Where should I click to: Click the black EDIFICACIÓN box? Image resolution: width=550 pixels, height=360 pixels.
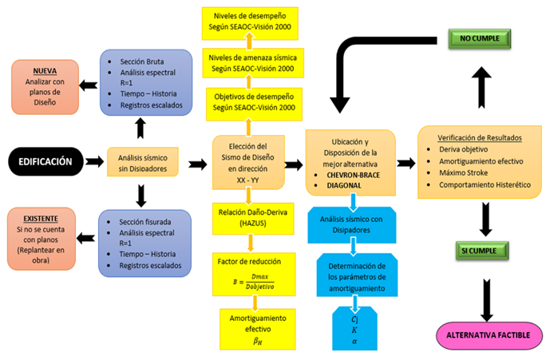pyautogui.click(x=46, y=161)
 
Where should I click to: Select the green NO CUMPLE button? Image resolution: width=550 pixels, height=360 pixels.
pyautogui.click(x=480, y=38)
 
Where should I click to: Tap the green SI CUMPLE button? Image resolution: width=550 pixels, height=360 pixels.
pyautogui.click(x=482, y=251)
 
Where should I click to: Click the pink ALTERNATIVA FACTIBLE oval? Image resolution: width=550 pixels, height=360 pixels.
pyautogui.click(x=489, y=335)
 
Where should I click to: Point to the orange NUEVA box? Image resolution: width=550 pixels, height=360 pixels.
pyautogui.click(x=45, y=87)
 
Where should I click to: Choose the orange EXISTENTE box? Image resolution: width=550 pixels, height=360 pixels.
pyautogui.click(x=42, y=239)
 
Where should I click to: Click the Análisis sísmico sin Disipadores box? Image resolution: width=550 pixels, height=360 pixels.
pyautogui.click(x=143, y=162)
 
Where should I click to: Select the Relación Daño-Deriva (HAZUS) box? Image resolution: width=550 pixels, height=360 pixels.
pyautogui.click(x=253, y=218)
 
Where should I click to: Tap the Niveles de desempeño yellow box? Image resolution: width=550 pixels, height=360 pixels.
pyautogui.click(x=250, y=23)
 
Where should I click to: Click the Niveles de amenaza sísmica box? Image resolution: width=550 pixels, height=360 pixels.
pyautogui.click(x=253, y=63)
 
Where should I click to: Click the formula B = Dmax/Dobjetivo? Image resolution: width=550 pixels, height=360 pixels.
pyautogui.click(x=254, y=282)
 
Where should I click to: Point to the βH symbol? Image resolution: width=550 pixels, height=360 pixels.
pyautogui.click(x=258, y=341)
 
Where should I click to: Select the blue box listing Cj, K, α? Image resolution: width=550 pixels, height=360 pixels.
pyautogui.click(x=354, y=328)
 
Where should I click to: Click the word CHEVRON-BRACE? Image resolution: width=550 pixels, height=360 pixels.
pyautogui.click(x=353, y=175)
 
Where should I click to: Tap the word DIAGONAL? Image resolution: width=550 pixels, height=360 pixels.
pyautogui.click(x=344, y=186)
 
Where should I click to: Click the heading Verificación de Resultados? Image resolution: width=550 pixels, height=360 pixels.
pyautogui.click(x=480, y=138)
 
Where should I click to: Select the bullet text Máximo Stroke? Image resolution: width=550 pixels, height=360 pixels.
pyautogui.click(x=463, y=172)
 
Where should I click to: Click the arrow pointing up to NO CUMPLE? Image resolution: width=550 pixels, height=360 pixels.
pyautogui.click(x=481, y=87)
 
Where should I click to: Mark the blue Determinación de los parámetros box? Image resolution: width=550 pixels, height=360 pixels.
pyautogui.click(x=357, y=275)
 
